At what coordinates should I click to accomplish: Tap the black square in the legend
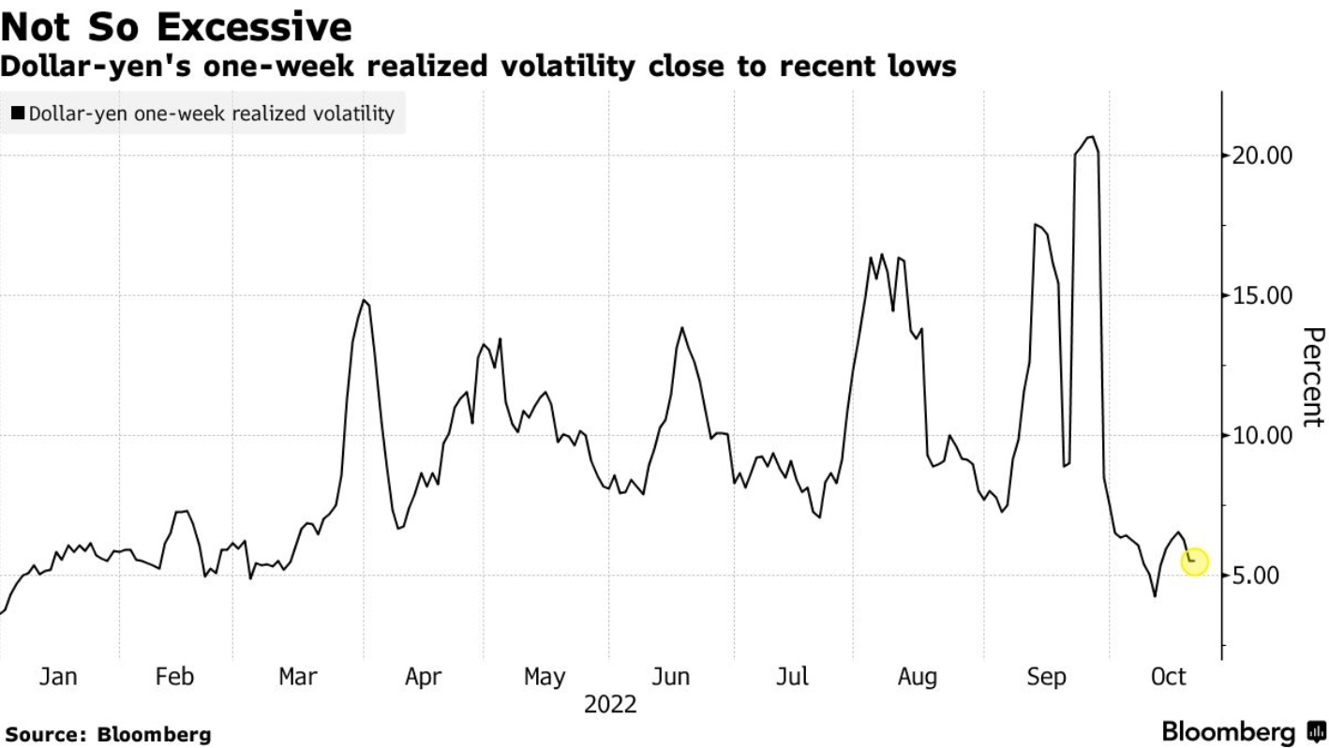point(18,113)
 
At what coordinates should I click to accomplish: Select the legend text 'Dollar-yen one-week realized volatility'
point(212,113)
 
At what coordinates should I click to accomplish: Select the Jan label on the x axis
point(58,677)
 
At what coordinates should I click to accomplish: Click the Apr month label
point(423,677)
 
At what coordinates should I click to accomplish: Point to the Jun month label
point(670,677)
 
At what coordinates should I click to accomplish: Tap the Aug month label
point(918,677)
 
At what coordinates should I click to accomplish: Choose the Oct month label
point(1168,677)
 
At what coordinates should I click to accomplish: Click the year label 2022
point(610,704)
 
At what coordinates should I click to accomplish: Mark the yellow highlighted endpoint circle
point(1194,561)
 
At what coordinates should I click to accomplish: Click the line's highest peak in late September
point(1089,137)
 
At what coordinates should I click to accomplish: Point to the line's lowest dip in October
point(1155,595)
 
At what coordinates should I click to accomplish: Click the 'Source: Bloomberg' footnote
point(109,734)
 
